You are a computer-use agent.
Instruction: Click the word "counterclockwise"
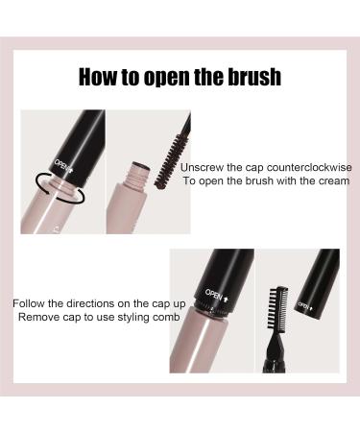pos(309,167)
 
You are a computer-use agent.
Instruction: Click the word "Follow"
pos(29,303)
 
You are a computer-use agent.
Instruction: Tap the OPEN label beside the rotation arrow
pos(63,166)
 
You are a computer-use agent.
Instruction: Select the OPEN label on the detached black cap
pos(305,306)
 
